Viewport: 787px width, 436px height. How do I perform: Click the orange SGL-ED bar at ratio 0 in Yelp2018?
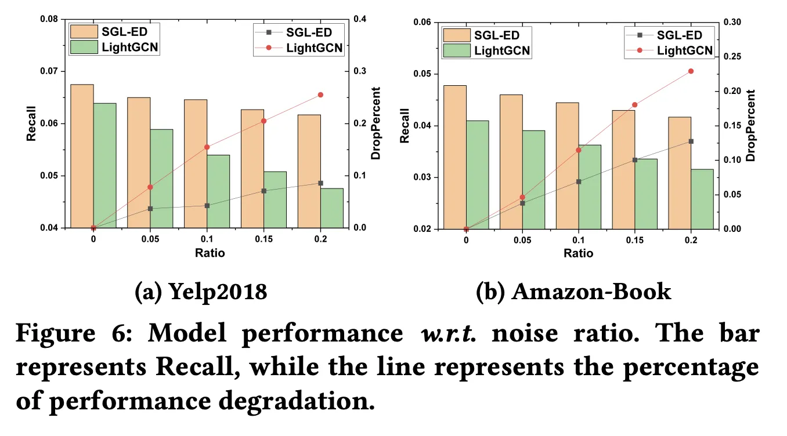pos(82,156)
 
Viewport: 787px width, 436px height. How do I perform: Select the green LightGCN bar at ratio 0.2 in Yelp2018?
pos(331,208)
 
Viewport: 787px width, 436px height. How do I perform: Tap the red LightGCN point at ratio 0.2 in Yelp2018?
pos(320,95)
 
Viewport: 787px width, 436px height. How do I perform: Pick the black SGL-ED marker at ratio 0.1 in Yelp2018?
pos(207,205)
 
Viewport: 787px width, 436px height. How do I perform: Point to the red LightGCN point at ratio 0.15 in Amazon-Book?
pos(634,105)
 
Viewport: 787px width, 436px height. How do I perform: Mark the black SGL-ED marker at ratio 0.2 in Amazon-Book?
pos(691,141)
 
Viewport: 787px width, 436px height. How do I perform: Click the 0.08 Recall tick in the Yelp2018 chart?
pos(49,20)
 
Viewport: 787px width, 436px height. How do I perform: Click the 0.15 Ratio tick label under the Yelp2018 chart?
pos(263,239)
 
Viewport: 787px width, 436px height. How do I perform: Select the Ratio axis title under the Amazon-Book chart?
pos(578,253)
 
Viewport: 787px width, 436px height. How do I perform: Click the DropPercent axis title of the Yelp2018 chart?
pos(376,123)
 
